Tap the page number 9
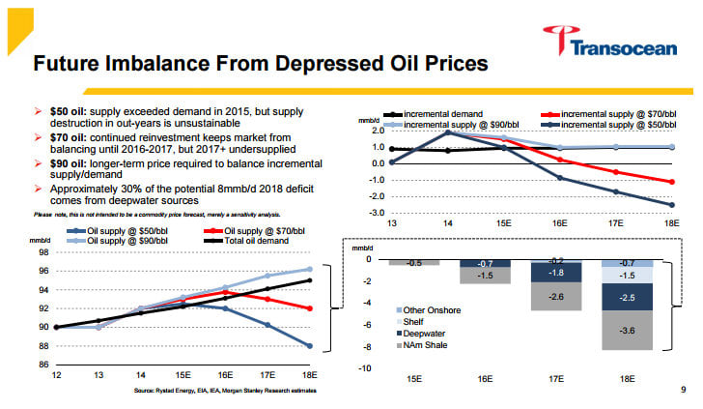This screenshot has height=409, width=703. [682, 390]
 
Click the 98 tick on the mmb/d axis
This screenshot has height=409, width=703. [43, 252]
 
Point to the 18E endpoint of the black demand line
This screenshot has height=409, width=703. [310, 280]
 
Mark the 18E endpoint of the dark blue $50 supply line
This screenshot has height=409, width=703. [310, 345]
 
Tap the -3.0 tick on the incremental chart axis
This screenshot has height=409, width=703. [376, 213]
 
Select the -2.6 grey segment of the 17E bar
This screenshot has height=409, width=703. [558, 296]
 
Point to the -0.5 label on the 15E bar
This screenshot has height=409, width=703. [413, 263]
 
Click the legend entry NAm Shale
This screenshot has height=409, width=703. [427, 345]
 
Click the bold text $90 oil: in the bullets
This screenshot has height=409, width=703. [70, 157]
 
